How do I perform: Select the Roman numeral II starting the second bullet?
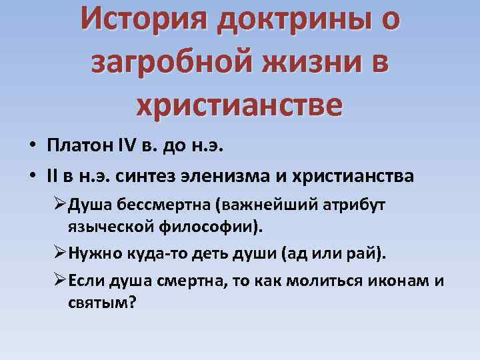53,177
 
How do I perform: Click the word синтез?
139,177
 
